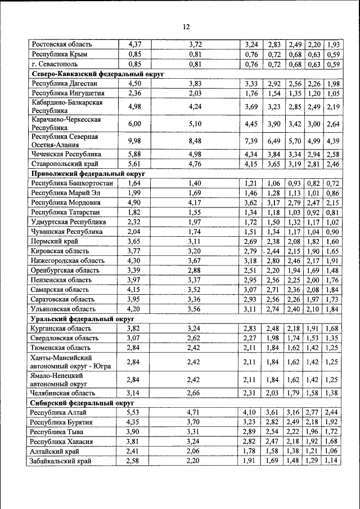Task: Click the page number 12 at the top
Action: coord(186,26)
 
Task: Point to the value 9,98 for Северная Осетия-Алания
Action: coord(134,141)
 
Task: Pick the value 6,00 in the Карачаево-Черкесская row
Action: coord(134,124)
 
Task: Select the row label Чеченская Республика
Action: coord(66,154)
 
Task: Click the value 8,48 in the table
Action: coord(195,141)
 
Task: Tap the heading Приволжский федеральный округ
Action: coord(88,174)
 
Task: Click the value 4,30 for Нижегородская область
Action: coord(134,260)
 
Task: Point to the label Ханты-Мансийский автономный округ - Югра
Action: coord(71,362)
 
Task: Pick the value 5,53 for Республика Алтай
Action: coord(134,413)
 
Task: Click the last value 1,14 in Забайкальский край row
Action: coord(333,461)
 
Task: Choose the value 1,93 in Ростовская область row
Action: coord(333,44)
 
